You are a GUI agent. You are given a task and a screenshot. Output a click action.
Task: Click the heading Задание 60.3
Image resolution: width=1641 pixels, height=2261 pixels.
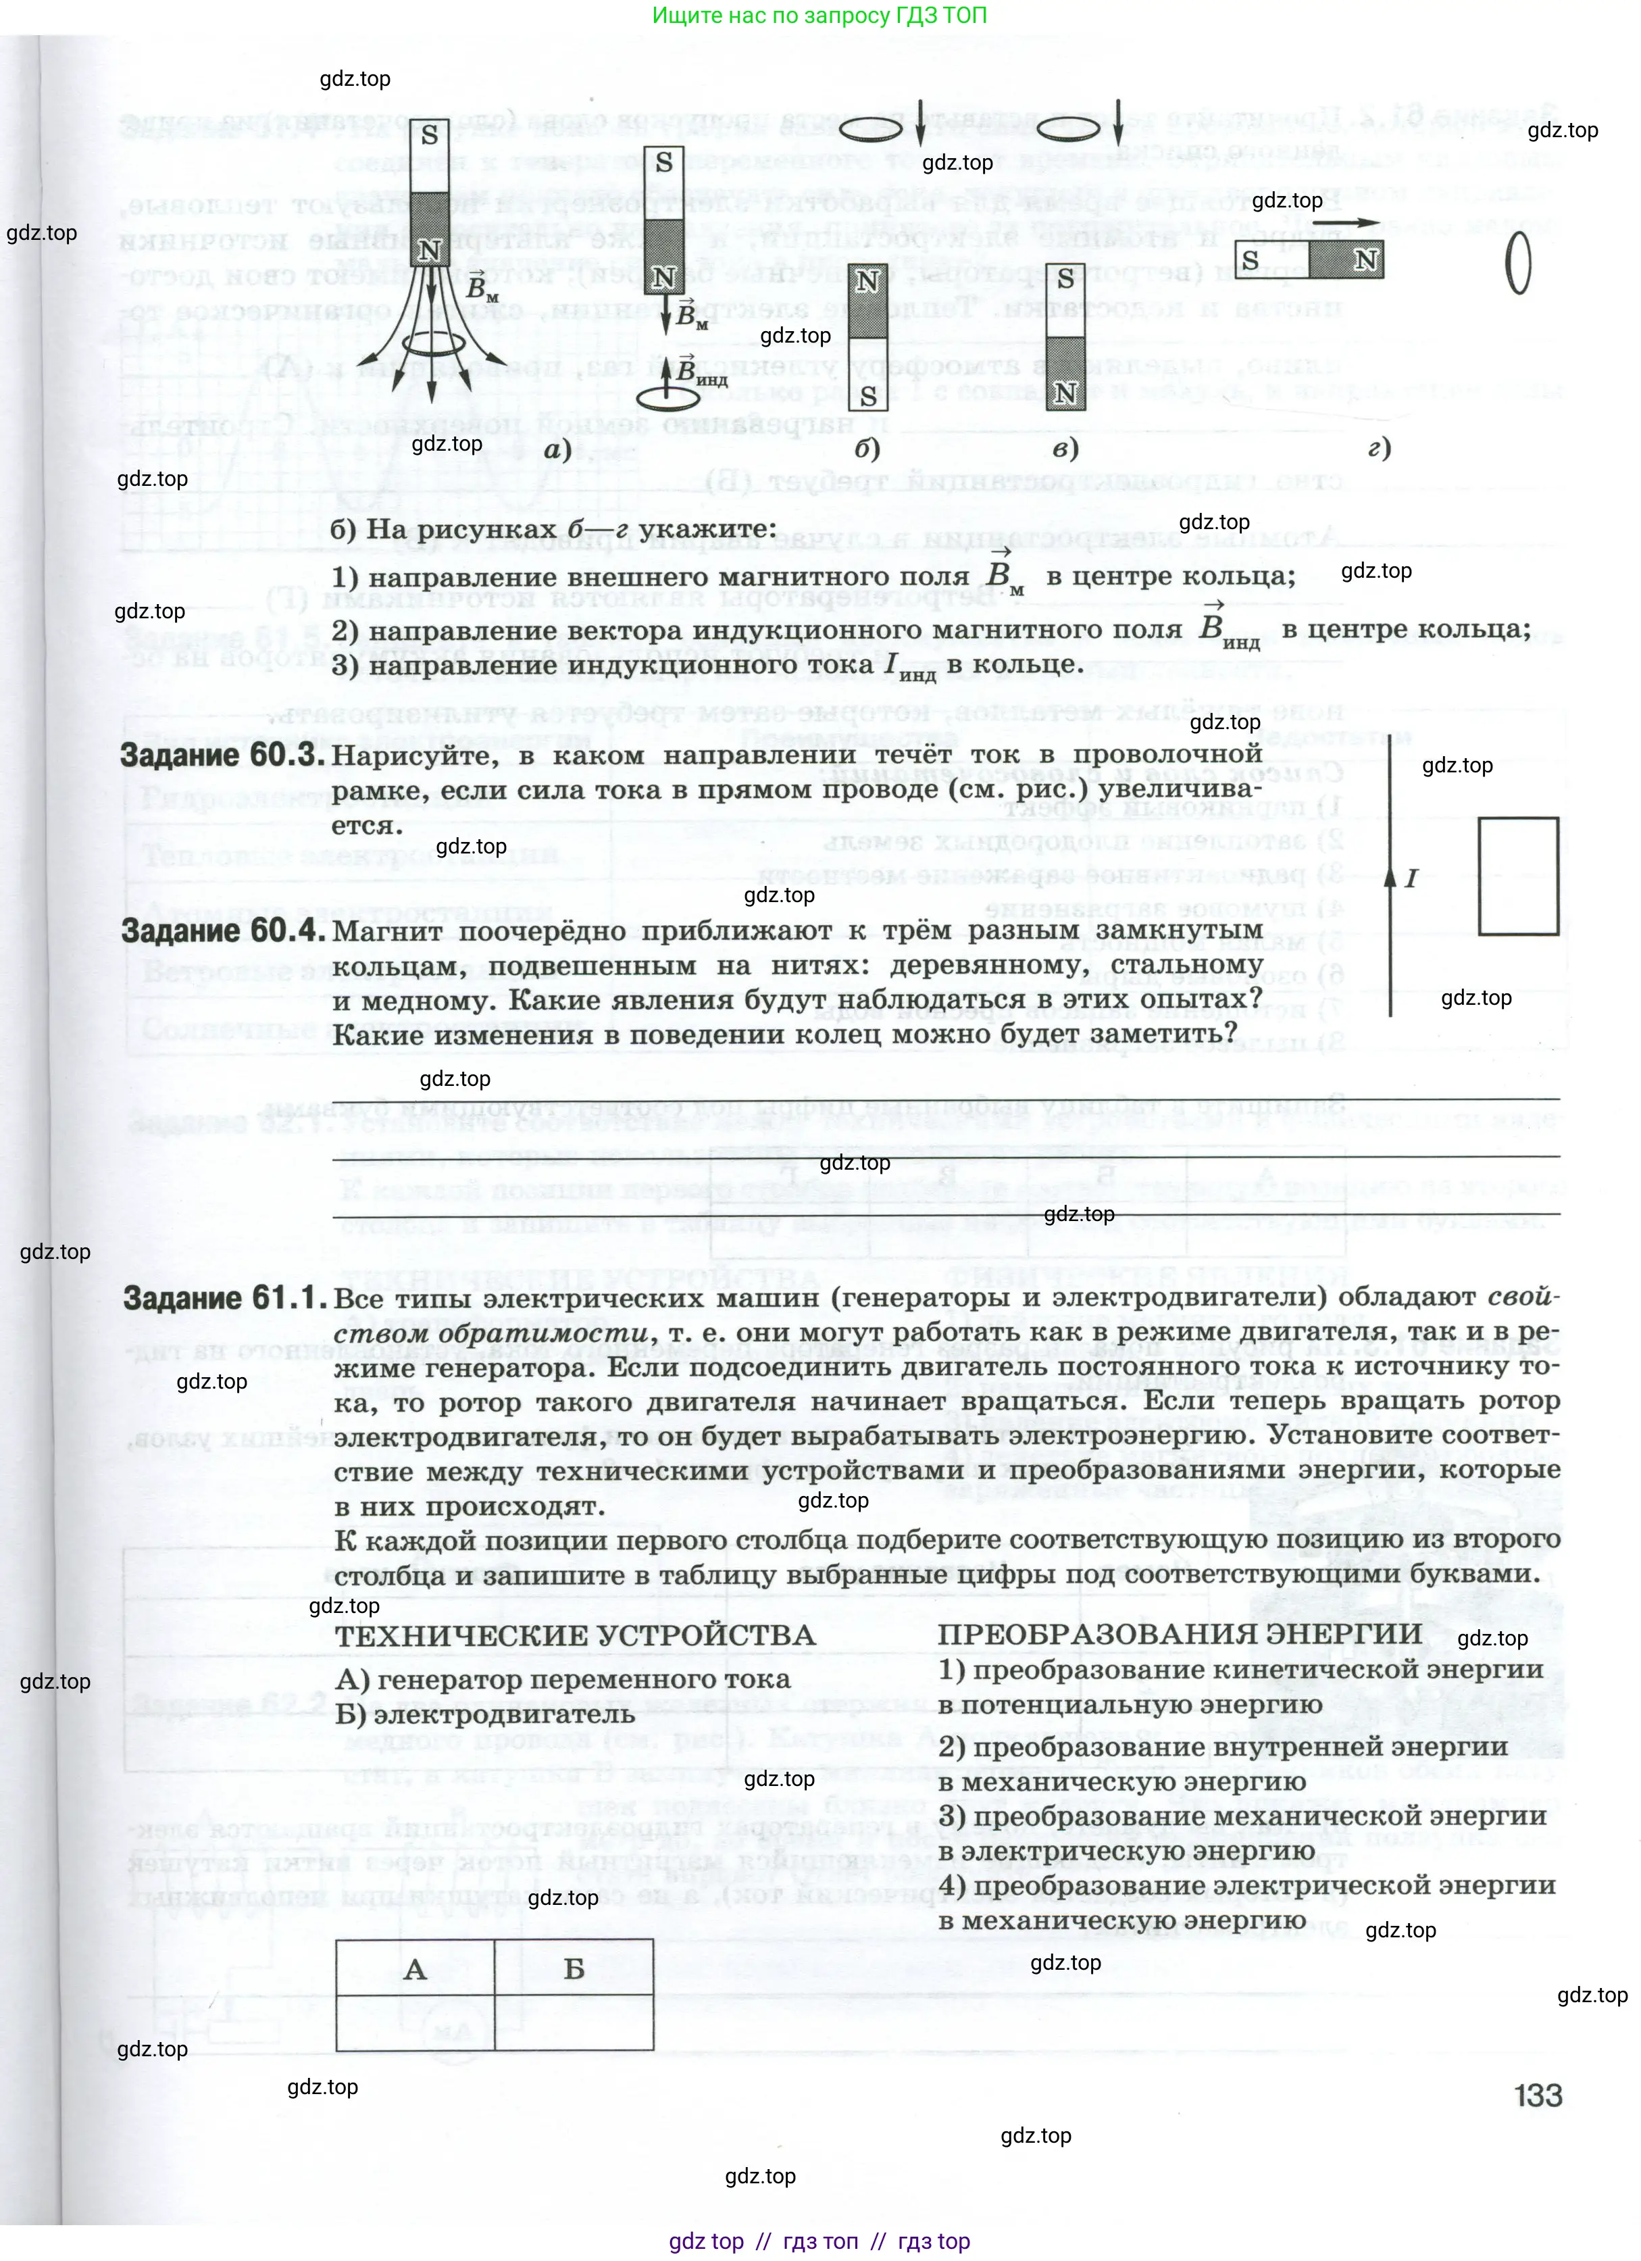click(222, 755)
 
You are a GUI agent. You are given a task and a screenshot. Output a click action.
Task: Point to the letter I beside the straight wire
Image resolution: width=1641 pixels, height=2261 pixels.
click(1411, 878)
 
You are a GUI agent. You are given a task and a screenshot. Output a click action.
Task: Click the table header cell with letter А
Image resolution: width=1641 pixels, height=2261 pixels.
click(415, 1969)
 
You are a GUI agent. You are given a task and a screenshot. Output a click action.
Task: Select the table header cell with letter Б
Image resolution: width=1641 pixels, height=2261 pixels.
click(574, 1969)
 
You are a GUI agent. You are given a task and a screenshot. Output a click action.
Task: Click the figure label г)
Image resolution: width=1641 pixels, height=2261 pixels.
click(1379, 449)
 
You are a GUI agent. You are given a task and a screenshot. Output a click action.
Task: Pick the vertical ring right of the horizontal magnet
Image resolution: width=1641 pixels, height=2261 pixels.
click(1517, 265)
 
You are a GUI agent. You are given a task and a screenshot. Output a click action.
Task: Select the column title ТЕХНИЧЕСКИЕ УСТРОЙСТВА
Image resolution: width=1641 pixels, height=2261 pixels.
click(575, 1635)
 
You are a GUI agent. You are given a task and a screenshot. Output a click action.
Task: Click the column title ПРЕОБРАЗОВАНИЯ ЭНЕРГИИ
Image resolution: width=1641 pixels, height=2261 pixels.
click(1178, 1633)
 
